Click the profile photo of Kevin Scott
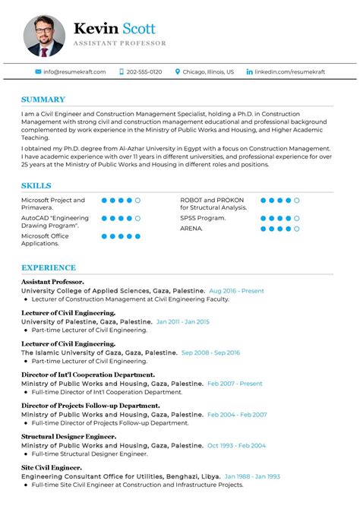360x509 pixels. point(44,36)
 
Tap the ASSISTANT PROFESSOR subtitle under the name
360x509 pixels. point(120,43)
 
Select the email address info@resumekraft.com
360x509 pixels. point(74,71)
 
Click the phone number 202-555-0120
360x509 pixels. point(144,71)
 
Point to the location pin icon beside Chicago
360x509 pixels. point(178,71)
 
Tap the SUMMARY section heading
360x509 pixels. point(43,100)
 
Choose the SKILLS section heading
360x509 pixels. point(36,185)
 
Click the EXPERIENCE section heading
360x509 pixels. point(49,267)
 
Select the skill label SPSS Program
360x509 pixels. point(203,218)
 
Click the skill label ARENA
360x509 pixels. point(191,227)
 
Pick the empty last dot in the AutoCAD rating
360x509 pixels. point(137,218)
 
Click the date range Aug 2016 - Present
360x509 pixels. point(236,291)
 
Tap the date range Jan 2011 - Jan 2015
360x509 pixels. point(182,321)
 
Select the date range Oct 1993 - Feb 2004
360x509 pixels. point(236,446)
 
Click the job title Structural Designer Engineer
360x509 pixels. point(68,437)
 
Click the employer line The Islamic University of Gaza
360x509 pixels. point(99,353)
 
